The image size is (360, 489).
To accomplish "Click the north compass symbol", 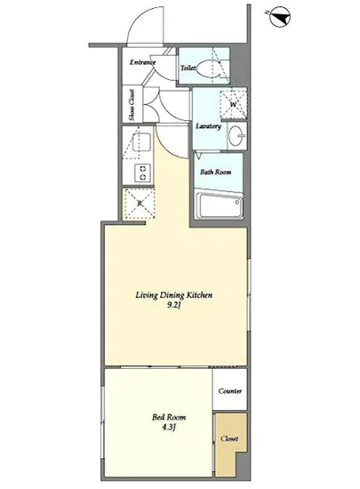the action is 279,16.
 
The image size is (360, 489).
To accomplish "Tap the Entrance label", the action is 142,62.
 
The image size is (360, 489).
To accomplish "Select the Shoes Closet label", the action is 132,105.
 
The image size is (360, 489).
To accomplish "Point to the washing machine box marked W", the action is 234,104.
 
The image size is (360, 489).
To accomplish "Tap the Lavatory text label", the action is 209,126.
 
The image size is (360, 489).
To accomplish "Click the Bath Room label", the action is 216,172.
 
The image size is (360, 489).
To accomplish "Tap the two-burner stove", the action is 143,173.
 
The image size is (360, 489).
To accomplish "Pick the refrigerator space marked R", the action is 140,204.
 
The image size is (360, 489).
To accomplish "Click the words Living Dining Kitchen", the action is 174,295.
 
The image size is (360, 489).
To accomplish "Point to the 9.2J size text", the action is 173,305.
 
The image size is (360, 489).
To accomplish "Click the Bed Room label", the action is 169,417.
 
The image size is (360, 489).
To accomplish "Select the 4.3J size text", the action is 169,428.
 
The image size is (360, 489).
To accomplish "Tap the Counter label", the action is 230,391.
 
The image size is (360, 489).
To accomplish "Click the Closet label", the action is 229,438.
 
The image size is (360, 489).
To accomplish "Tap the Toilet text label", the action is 188,68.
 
